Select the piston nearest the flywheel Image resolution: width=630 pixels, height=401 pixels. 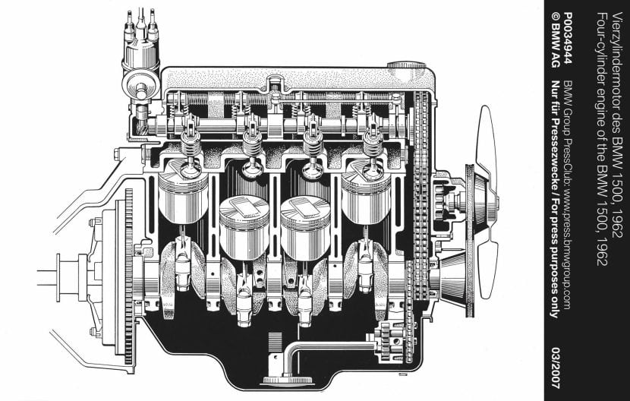click(x=183, y=197)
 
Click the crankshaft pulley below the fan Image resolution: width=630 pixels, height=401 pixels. click(x=455, y=281)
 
